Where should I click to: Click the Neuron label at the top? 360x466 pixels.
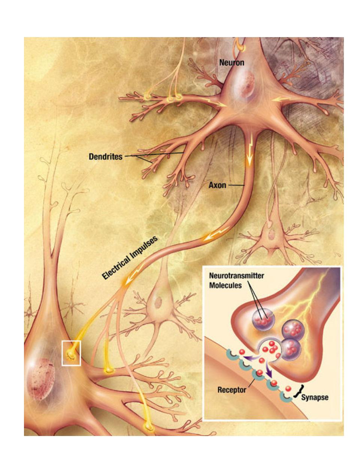[x=232, y=62]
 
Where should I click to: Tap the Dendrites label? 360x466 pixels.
[x=105, y=156]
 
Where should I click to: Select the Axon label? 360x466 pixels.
[x=217, y=185]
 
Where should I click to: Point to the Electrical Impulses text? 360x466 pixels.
[x=130, y=258]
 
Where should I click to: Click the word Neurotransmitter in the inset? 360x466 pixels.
[x=236, y=276]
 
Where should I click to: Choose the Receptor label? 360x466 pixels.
[x=232, y=390]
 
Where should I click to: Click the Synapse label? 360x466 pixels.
[x=315, y=397]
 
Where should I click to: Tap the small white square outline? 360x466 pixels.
[x=71, y=353]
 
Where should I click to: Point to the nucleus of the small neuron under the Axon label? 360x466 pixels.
[x=269, y=236]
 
